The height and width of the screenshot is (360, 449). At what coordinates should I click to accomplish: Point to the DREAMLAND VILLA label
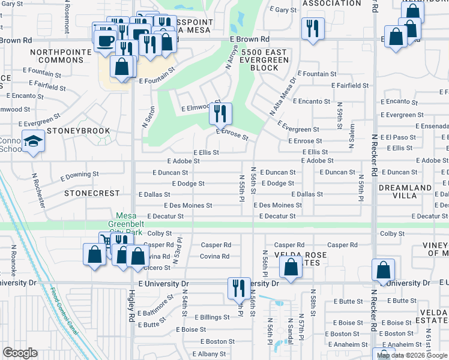[x=405, y=192]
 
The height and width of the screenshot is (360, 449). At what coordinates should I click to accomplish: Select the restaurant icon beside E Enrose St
[x=220, y=112]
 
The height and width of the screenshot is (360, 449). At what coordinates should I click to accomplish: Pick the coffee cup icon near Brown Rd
[x=106, y=41]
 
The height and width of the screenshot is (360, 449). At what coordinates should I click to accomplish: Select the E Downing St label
[x=79, y=176]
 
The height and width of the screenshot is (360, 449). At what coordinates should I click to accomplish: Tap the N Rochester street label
[x=38, y=190]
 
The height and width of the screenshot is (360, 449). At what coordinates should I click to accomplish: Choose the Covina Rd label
[x=215, y=256]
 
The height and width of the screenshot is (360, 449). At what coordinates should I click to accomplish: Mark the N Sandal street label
[x=291, y=331]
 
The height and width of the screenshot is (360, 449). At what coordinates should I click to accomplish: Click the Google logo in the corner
[x=20, y=353]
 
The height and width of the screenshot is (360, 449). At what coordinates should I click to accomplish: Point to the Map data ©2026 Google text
[x=412, y=355]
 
